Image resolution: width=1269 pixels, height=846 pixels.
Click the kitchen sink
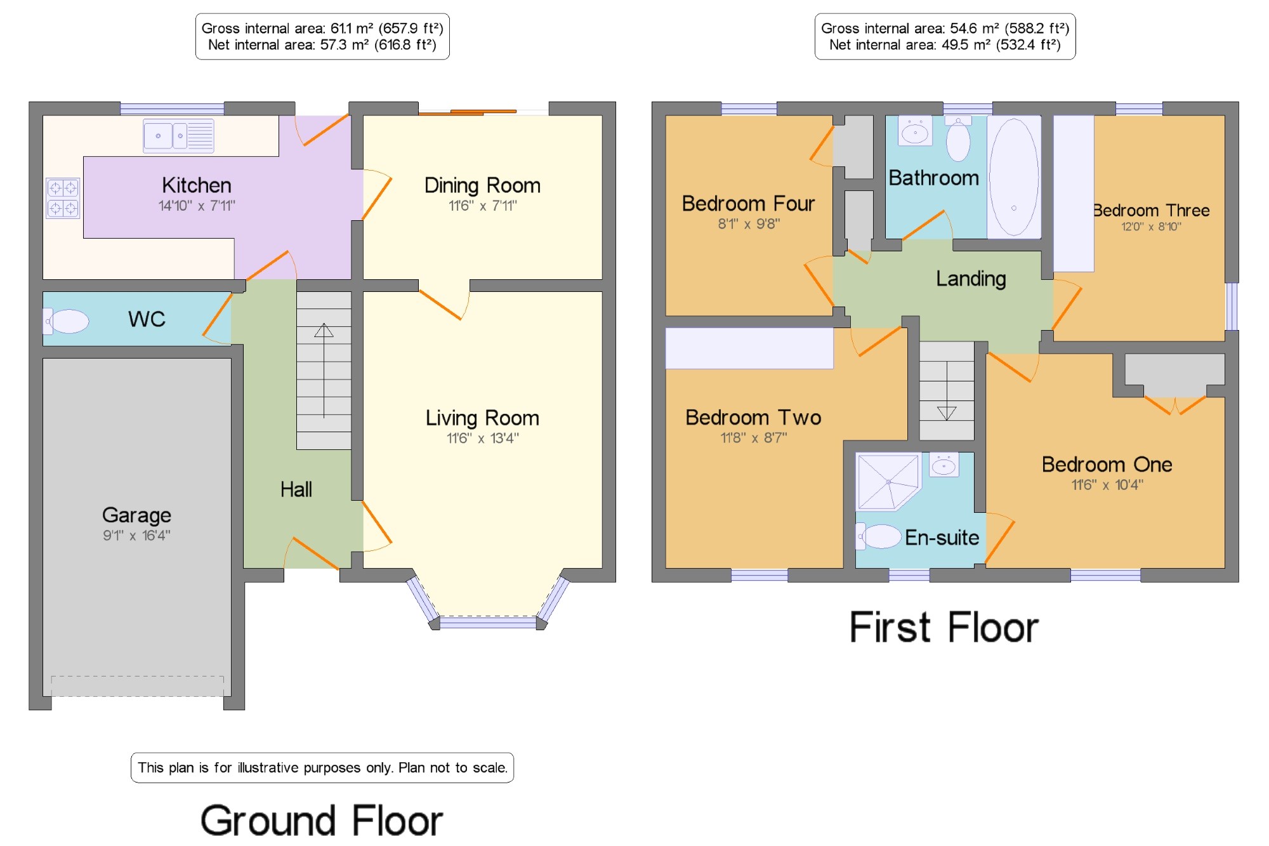pos(178,136)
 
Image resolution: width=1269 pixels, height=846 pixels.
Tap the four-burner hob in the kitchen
pos(63,198)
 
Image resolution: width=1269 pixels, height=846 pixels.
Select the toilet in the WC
pos(66,321)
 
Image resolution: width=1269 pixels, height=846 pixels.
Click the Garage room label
pos(136,515)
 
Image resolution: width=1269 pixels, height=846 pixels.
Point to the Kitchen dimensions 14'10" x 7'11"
pos(197,206)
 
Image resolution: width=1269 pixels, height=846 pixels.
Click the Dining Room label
pos(482,185)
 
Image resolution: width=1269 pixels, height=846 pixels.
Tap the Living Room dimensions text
pos(482,438)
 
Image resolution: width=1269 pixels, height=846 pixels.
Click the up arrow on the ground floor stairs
pos(324,371)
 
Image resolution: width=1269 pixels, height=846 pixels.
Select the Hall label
pos(296,489)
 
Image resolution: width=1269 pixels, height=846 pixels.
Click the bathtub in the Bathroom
pos(1014,177)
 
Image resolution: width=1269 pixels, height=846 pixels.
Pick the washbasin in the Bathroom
pos(915,131)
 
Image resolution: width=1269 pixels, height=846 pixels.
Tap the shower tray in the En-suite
pos(888,482)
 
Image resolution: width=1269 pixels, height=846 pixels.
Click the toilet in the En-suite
pos(878,536)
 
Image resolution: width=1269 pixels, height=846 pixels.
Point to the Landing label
pos(971,279)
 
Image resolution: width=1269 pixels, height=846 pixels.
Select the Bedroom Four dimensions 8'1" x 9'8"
pos(749,224)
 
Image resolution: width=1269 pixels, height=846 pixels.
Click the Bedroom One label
pos(1107,465)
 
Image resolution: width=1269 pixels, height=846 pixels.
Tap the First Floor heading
pos(944,628)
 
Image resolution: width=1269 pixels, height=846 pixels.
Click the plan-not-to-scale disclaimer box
pos(322,768)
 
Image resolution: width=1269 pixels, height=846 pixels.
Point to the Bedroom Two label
pos(753,418)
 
